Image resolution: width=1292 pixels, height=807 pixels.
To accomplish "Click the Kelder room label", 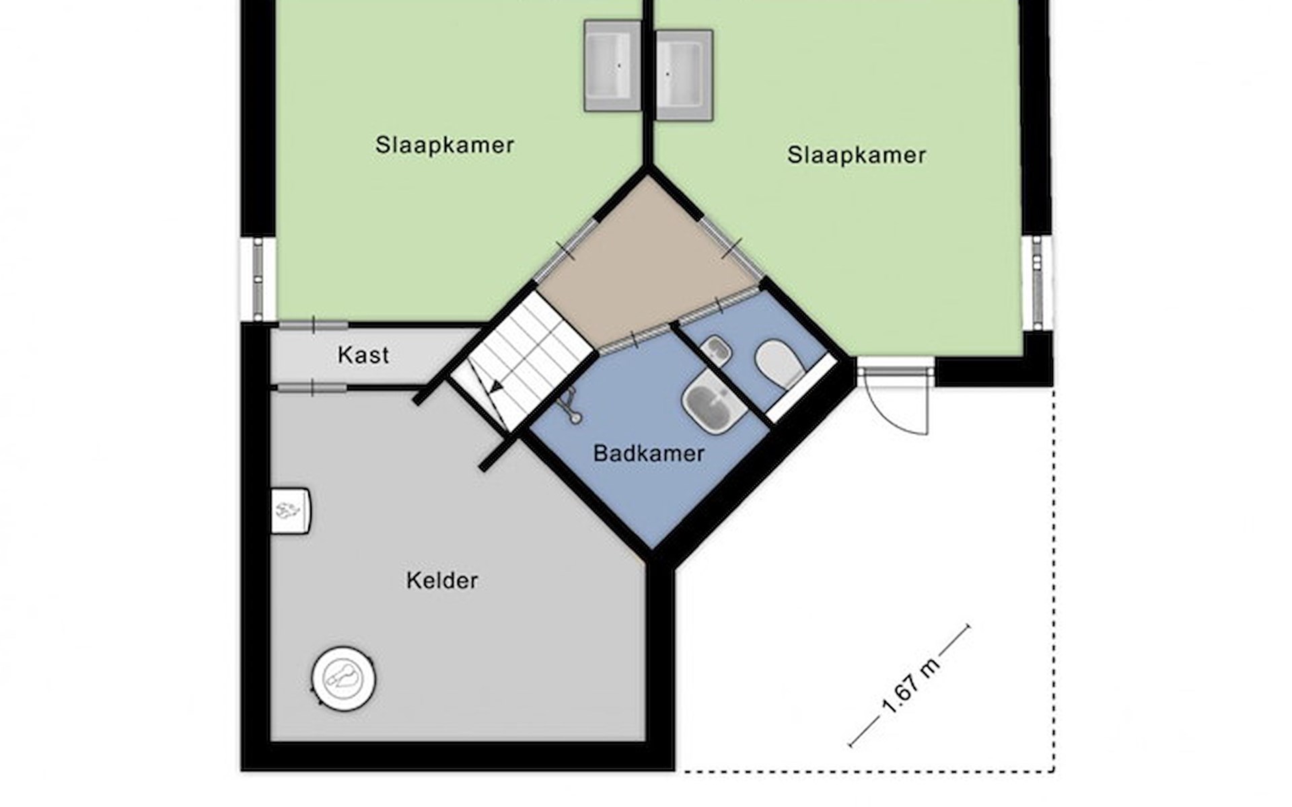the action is click(x=442, y=580).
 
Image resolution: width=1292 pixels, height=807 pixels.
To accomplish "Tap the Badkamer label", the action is click(x=649, y=453).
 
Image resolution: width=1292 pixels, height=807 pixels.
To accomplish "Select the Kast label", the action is click(x=363, y=355).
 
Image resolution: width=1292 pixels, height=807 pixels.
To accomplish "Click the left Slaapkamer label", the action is click(x=445, y=145).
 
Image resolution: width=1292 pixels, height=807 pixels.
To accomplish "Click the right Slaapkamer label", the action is click(x=857, y=155).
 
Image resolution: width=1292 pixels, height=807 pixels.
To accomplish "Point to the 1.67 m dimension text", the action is click(x=910, y=687).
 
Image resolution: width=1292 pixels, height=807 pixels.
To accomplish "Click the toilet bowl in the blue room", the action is click(x=779, y=364).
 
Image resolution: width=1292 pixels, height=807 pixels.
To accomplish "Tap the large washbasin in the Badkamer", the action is click(x=713, y=404).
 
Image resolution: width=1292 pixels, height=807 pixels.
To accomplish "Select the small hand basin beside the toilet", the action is click(x=716, y=350).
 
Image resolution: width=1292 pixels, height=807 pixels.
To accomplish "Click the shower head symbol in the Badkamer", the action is click(x=571, y=406).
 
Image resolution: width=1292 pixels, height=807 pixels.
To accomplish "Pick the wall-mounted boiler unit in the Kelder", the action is click(x=291, y=511).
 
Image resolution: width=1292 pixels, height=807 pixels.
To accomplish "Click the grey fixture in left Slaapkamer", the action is click(x=612, y=65).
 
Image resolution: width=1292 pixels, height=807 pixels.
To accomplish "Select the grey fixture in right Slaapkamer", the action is click(x=684, y=75).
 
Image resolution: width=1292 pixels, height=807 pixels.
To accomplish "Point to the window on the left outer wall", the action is click(x=258, y=279).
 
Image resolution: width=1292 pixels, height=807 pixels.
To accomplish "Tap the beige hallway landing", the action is click(x=646, y=262).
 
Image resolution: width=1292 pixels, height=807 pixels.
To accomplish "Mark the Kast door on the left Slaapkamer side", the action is click(x=314, y=325).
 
